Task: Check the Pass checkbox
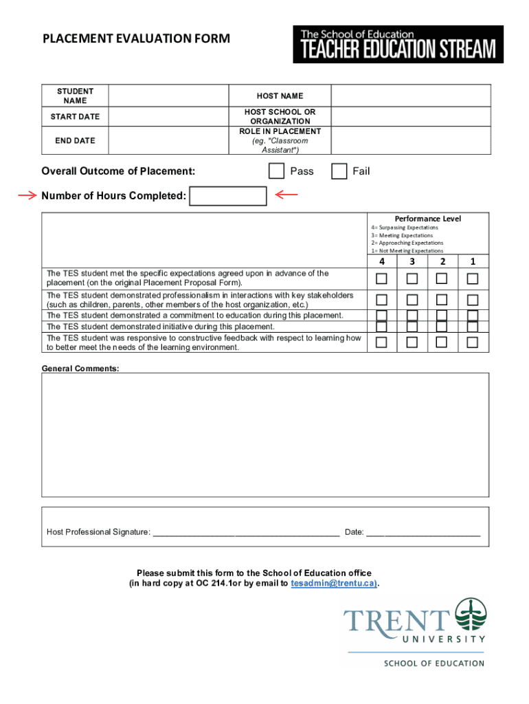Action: (x=276, y=171)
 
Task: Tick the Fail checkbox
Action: (x=339, y=171)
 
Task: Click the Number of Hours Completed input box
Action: (x=227, y=197)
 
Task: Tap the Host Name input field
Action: (x=411, y=96)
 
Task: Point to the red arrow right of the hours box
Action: (x=286, y=195)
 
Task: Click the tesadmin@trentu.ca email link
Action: (x=334, y=583)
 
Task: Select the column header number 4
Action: (x=381, y=261)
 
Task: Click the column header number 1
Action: (x=473, y=261)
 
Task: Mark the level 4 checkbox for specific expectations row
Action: (x=381, y=278)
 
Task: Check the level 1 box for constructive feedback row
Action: (x=473, y=342)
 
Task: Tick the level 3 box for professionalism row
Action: (x=412, y=300)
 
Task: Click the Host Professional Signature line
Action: (x=246, y=532)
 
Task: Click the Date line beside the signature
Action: (x=423, y=532)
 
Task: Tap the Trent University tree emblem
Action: (x=471, y=615)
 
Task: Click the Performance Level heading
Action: (x=428, y=219)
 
